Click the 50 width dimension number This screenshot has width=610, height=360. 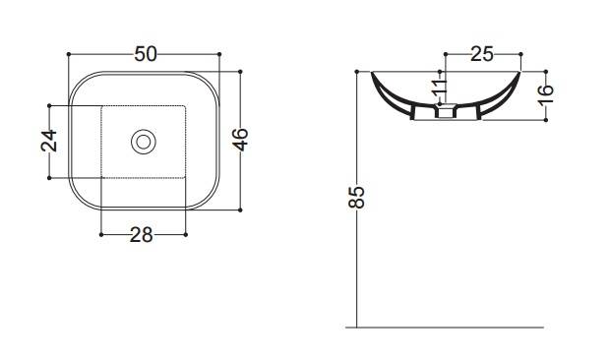[146, 54]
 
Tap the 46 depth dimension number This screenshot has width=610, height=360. [240, 139]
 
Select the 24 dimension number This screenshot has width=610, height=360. [49, 141]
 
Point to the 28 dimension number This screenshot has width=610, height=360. [142, 235]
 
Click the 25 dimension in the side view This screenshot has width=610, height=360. [482, 54]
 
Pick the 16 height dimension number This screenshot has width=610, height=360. [546, 94]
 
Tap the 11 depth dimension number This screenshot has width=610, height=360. [440, 88]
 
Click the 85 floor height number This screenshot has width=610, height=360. [357, 198]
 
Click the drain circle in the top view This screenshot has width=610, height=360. [144, 142]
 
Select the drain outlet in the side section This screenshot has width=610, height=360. [445, 111]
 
